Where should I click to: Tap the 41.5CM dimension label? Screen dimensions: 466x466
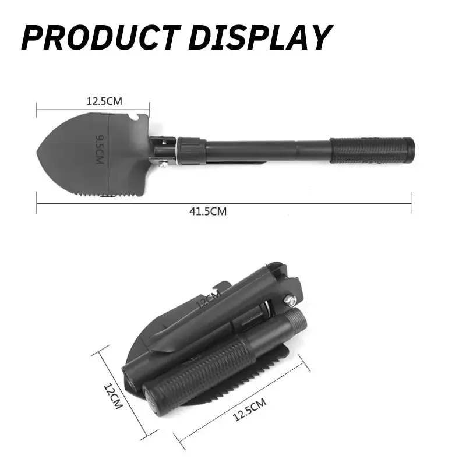pyautogui.click(x=208, y=211)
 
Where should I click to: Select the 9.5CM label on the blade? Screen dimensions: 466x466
pyautogui.click(x=100, y=150)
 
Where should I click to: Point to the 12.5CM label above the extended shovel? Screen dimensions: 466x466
pyautogui.click(x=104, y=101)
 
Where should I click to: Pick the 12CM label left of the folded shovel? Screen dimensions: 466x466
pyautogui.click(x=112, y=396)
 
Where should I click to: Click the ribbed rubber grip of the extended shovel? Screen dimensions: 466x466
pyautogui.click(x=373, y=150)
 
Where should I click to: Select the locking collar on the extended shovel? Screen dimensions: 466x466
pyautogui.click(x=191, y=151)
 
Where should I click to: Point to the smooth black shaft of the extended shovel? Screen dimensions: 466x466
pyautogui.click(x=268, y=151)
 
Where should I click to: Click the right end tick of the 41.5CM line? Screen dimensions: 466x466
pyautogui.click(x=412, y=203)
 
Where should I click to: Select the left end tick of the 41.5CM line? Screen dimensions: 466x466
pyautogui.click(x=37, y=203)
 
